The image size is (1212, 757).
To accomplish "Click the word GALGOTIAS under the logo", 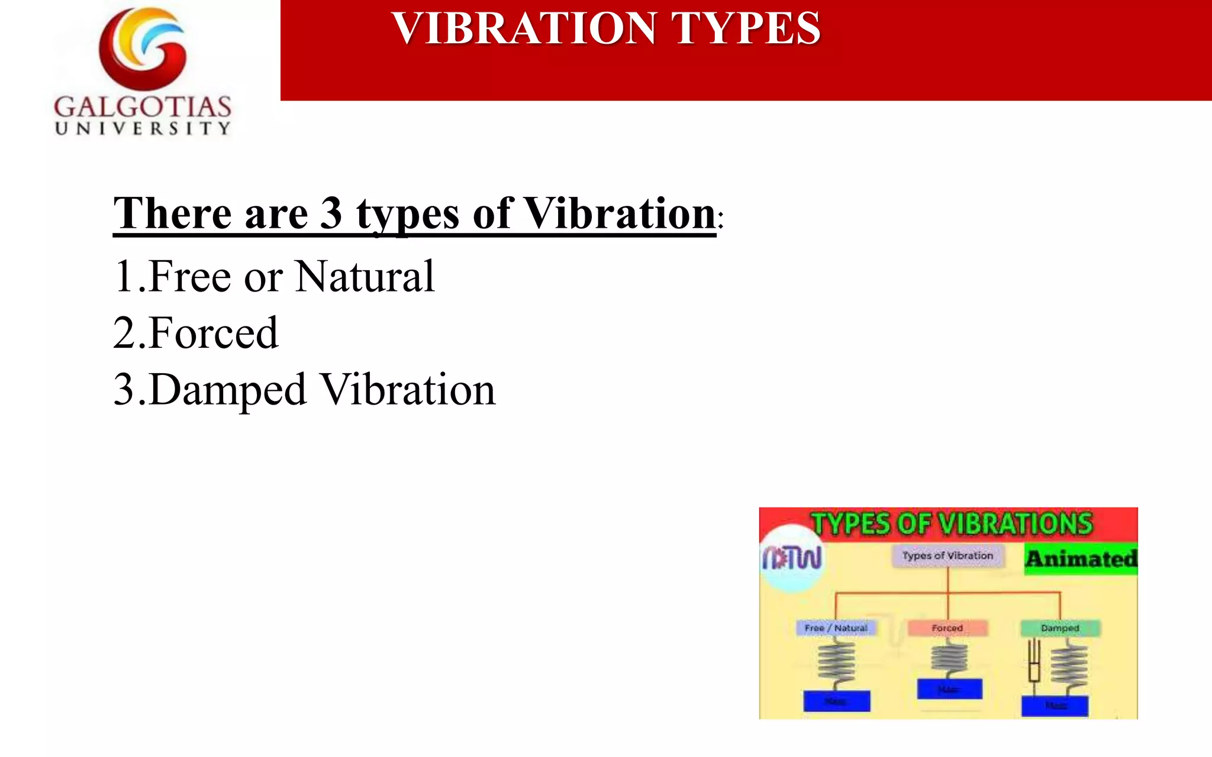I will [143, 107].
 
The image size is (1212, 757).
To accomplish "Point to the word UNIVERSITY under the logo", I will [143, 129].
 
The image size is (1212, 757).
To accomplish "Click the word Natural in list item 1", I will [365, 276].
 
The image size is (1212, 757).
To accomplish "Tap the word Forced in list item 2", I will [214, 333].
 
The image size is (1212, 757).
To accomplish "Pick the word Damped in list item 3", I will [228, 390].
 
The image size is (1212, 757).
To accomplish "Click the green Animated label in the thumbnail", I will [1081, 559].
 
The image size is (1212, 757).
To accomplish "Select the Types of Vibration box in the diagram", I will [947, 556].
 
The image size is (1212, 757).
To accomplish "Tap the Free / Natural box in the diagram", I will [836, 628].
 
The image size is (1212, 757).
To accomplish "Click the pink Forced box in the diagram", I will [947, 628].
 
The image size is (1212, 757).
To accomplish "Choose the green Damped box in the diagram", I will [1060, 628].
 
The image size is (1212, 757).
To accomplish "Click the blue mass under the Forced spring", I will [949, 689].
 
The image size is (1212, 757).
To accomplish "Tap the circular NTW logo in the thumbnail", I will [792, 558].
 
